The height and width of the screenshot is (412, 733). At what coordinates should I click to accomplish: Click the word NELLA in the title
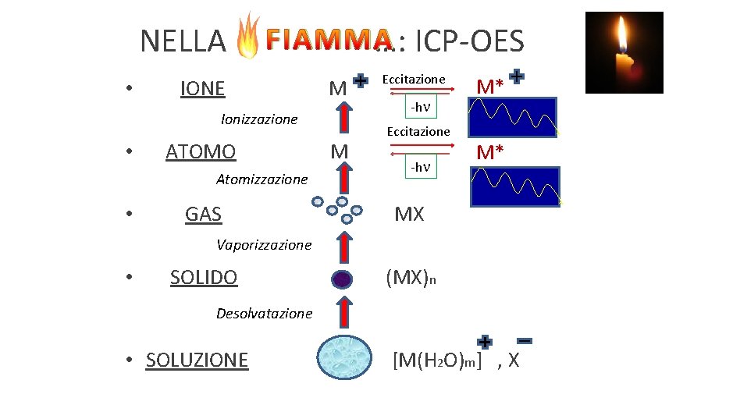pyautogui.click(x=183, y=41)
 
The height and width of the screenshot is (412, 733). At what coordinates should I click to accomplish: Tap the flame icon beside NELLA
pyautogui.click(x=248, y=36)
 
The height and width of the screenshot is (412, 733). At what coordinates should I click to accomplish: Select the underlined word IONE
pyautogui.click(x=202, y=89)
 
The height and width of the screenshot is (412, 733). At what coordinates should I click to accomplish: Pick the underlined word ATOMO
pyautogui.click(x=201, y=151)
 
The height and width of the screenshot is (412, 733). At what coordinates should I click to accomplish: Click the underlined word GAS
pyautogui.click(x=203, y=214)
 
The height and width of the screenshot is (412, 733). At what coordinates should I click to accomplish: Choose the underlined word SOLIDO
pyautogui.click(x=204, y=277)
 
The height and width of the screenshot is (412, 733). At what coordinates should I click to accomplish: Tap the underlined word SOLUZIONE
pyautogui.click(x=197, y=360)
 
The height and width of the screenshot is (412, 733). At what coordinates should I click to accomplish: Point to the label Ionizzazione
pyautogui.click(x=259, y=119)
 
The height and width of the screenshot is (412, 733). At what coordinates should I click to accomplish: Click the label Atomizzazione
pyautogui.click(x=262, y=179)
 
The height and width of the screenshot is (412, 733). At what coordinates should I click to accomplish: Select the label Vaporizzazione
pyautogui.click(x=264, y=245)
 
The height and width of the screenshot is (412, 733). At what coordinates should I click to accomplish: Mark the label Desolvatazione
pyautogui.click(x=264, y=314)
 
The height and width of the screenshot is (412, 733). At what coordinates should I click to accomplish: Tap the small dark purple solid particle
pyautogui.click(x=340, y=279)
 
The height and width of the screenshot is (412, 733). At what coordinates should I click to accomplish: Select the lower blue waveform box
pyautogui.click(x=515, y=186)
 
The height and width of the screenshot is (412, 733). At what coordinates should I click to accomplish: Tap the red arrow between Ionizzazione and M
pyautogui.click(x=341, y=119)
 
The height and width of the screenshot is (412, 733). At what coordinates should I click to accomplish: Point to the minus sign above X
pyautogui.click(x=525, y=341)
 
